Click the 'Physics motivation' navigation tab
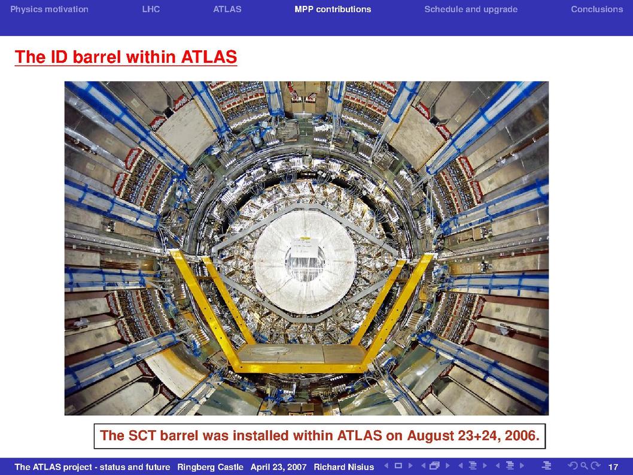point(49,10)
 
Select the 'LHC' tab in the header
point(151,10)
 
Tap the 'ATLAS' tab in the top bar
point(227,10)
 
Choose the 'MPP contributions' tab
point(333,10)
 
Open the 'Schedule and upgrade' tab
point(471,10)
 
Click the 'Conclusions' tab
point(597,10)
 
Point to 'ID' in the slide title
point(59,57)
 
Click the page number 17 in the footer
point(613,467)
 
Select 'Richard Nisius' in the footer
point(343,467)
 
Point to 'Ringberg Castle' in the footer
point(210,467)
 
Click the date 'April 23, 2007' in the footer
point(278,467)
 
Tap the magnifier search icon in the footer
point(584,466)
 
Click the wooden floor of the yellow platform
point(301,354)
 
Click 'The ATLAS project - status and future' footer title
point(92,467)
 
